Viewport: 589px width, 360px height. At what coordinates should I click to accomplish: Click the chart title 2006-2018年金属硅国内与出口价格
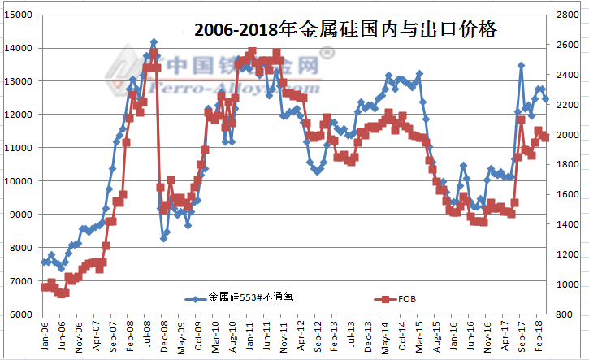pyautogui.click(x=345, y=31)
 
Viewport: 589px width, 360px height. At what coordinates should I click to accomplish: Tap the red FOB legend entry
pyautogui.click(x=399, y=298)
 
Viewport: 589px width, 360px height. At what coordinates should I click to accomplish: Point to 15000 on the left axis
pyautogui.click(x=19, y=15)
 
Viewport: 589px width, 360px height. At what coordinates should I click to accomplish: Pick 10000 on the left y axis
pyautogui.click(x=19, y=181)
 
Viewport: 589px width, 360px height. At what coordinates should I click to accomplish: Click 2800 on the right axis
pyautogui.click(x=569, y=15)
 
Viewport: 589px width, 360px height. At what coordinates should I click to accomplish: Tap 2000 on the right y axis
pyautogui.click(x=569, y=135)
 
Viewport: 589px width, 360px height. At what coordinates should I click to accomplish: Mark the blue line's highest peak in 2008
pyautogui.click(x=154, y=41)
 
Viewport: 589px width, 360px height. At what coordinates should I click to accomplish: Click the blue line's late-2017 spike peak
pyautogui.click(x=521, y=65)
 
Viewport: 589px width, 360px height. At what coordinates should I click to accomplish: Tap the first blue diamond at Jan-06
pyautogui.click(x=44, y=262)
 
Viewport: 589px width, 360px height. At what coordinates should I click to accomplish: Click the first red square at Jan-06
pyautogui.click(x=44, y=287)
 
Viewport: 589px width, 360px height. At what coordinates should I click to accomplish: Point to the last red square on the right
pyautogui.click(x=545, y=137)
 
